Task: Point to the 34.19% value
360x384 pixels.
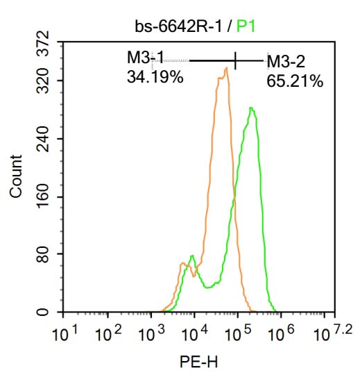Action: (155, 78)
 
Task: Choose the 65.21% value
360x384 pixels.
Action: (295, 82)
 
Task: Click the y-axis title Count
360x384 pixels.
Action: (16, 176)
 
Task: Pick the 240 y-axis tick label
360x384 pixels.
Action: (44, 139)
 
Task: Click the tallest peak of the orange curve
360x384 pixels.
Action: (226, 68)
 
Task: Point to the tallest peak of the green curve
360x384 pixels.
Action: (251, 108)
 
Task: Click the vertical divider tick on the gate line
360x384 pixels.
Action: (236, 60)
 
